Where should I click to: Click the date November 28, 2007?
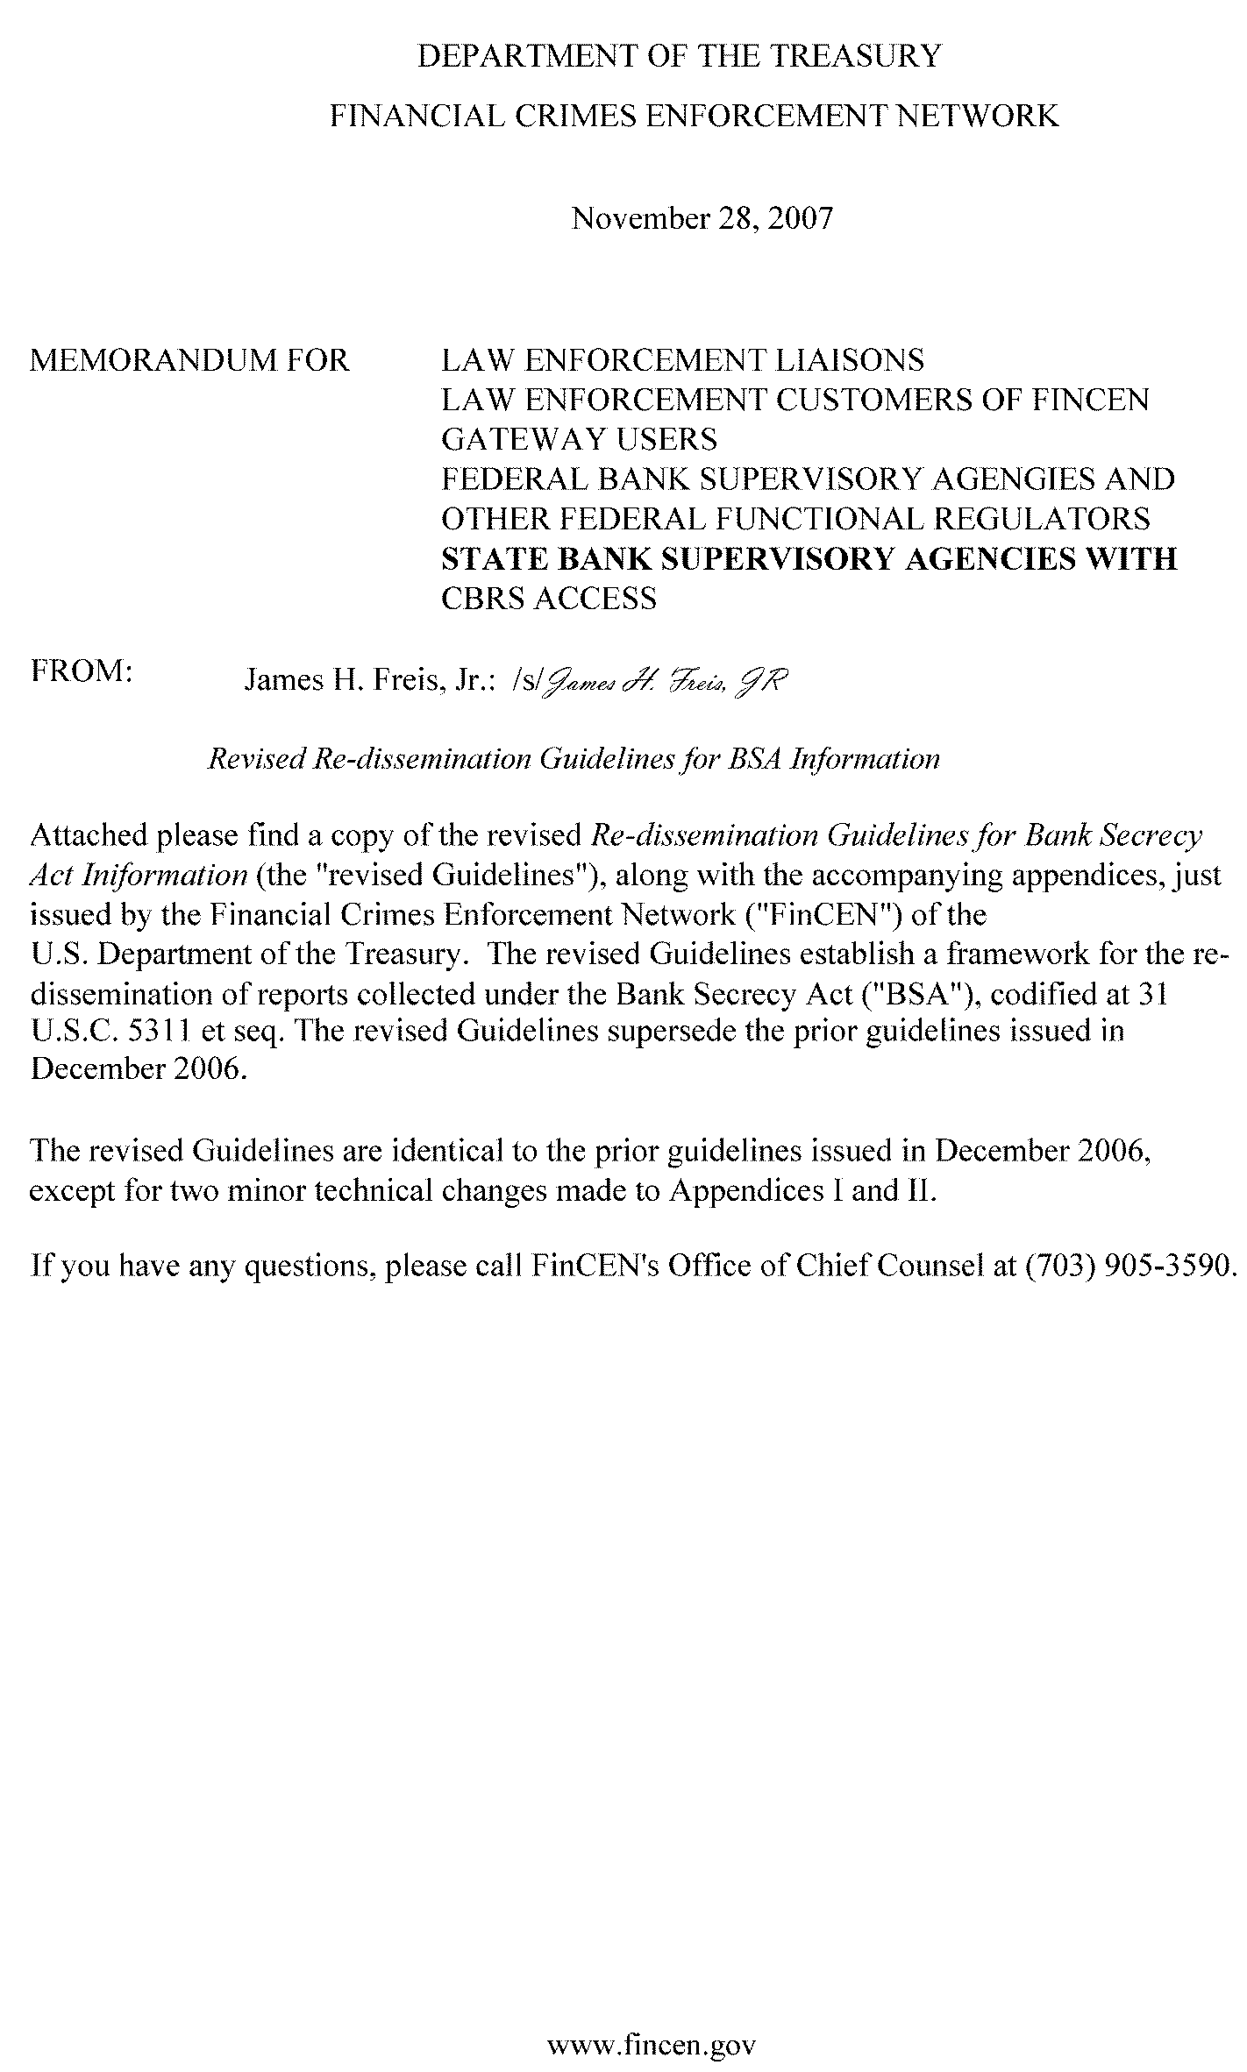702,217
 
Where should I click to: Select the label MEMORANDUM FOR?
189,360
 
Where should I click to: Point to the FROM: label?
81,672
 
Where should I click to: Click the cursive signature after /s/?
666,681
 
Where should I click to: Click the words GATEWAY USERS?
579,439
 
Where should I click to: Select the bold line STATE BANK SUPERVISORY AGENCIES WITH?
809,558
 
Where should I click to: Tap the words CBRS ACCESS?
548,599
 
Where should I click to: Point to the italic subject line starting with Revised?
573,758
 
